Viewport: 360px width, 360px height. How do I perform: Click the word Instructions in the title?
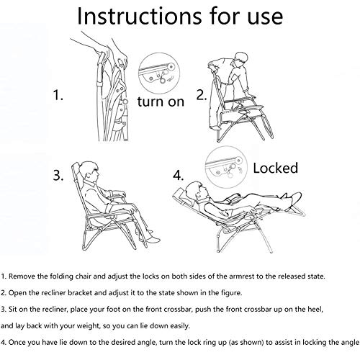point(139,16)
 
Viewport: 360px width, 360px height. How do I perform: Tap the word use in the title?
point(265,17)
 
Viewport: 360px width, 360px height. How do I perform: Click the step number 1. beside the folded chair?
point(58,95)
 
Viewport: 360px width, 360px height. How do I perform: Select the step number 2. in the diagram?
point(202,95)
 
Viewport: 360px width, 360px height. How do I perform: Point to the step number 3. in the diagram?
point(58,175)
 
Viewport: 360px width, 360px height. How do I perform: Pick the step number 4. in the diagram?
point(179,175)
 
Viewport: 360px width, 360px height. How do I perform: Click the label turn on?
point(161,102)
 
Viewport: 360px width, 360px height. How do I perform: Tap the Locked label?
point(276,168)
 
